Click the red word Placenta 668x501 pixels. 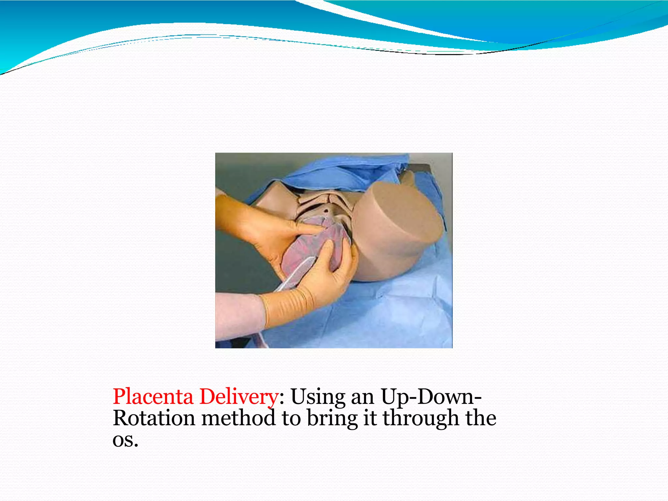point(153,397)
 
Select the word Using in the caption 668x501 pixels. point(318,397)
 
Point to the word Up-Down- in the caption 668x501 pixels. point(431,397)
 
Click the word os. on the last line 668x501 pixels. point(125,440)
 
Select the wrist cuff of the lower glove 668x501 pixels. point(287,307)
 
